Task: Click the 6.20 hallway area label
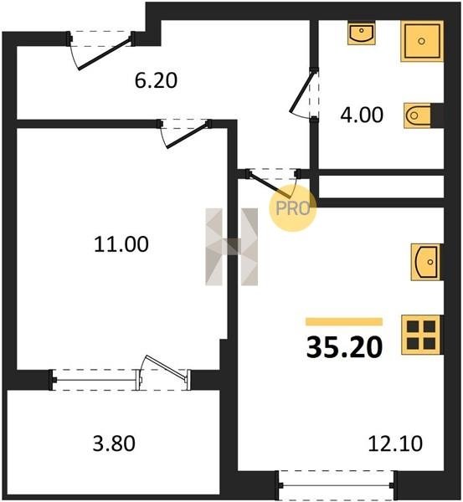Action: point(156,80)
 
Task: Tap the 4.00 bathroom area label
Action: point(362,115)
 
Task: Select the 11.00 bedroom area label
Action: point(121,244)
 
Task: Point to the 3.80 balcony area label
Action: point(114,444)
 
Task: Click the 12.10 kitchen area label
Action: point(395,444)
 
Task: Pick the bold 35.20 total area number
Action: point(344,348)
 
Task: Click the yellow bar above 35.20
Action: point(344,322)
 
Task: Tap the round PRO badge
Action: point(292,208)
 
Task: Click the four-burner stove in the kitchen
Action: point(421,335)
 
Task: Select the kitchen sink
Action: point(425,262)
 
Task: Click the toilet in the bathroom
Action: point(417,115)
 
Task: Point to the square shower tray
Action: point(422,41)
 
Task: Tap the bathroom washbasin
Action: point(362,33)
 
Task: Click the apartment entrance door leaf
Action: point(105,54)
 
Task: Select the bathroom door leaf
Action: point(302,92)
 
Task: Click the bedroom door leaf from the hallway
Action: point(187,136)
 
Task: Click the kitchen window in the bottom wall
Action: point(337,485)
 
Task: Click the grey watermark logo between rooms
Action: point(232,247)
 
